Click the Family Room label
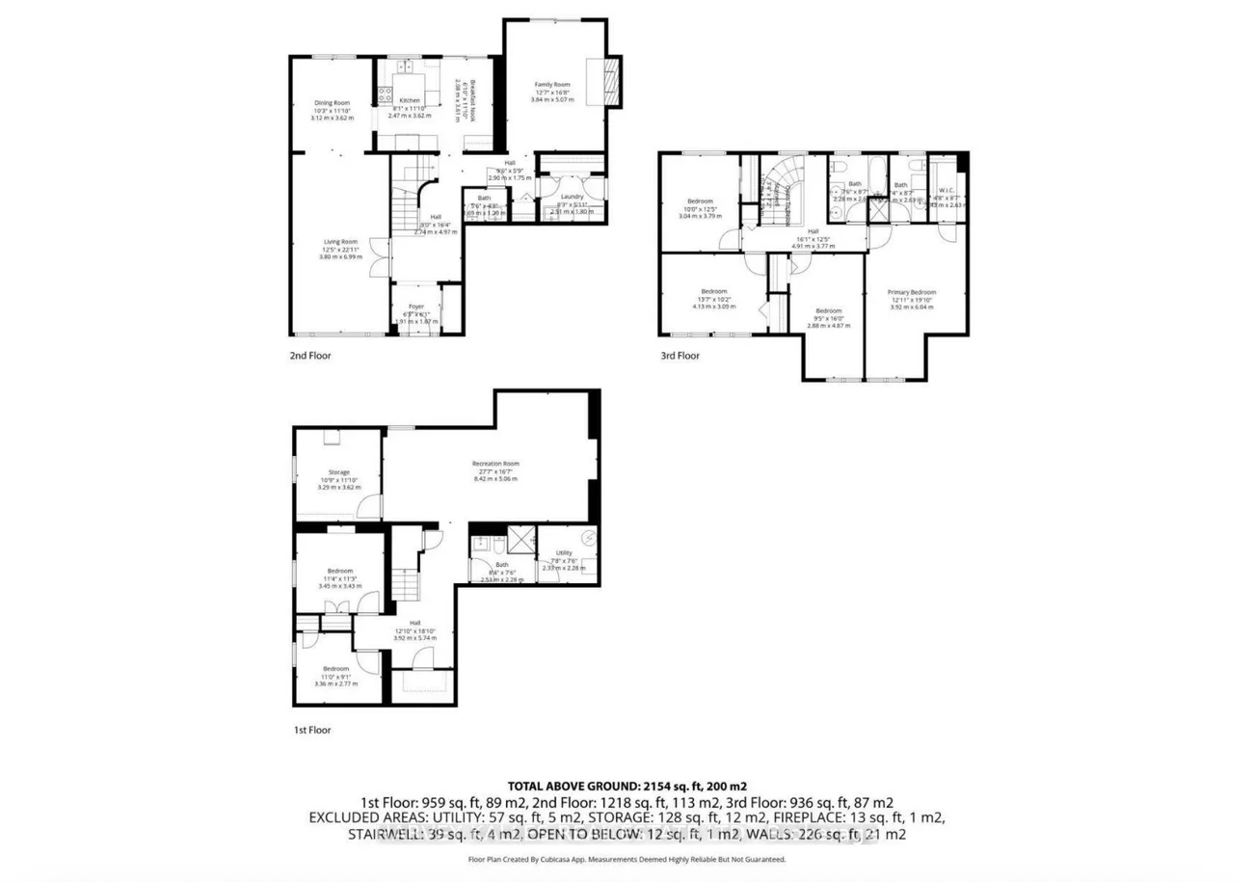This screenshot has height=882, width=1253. click(553, 85)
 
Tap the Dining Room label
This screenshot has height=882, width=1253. click(331, 103)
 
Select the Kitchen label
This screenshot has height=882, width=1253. click(410, 101)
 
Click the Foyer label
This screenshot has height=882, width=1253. click(415, 307)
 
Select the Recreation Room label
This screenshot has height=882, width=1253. click(495, 464)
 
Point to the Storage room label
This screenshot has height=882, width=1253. click(338, 472)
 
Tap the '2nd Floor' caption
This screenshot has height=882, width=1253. click(311, 356)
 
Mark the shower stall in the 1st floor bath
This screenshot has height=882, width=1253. click(521, 537)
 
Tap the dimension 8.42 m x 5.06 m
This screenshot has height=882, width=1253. click(495, 478)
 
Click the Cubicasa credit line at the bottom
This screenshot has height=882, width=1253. click(626, 859)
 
